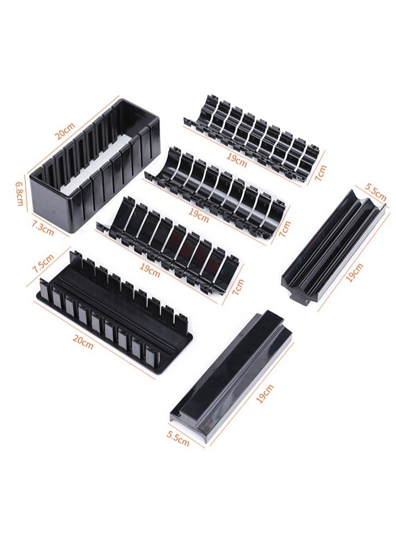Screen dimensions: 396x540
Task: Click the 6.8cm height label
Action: tap(19, 193)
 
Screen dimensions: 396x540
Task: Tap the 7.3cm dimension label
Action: tap(43, 227)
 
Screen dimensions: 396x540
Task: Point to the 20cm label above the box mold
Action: tap(65, 131)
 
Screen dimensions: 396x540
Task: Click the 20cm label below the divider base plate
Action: tap(83, 341)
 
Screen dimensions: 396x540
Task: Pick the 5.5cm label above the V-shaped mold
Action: tap(375, 192)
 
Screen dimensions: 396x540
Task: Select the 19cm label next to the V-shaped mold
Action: tap(354, 273)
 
